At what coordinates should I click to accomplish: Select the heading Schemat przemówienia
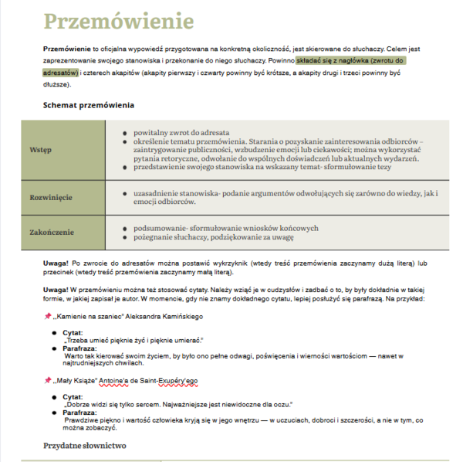click(x=89, y=105)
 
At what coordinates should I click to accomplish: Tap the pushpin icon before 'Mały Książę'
click(x=47, y=380)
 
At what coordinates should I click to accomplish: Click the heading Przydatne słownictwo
click(x=84, y=446)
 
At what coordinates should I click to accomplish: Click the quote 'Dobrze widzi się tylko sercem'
click(x=177, y=403)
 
